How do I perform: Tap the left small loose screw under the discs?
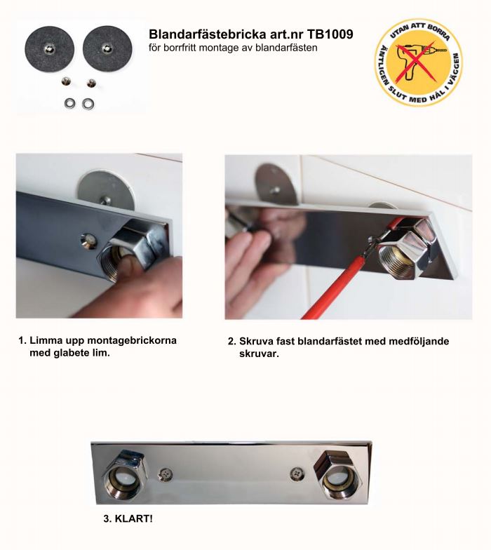66,81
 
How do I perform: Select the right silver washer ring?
88,104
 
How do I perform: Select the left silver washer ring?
70,104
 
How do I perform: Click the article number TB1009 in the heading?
330,34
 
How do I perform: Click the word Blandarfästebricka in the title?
208,34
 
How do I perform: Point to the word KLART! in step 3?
134,518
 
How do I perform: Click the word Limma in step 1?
46,340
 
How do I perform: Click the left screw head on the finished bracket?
166,474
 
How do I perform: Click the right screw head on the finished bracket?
297,474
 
